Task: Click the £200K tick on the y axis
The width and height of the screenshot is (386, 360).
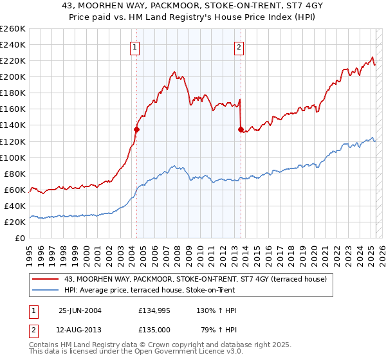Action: point(13,76)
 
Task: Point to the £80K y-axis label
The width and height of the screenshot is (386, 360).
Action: point(15,174)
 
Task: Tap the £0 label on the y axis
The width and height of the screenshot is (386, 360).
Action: point(21,238)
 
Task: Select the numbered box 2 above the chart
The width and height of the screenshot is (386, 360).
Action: point(239,47)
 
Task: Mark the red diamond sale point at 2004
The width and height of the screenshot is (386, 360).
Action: point(136,129)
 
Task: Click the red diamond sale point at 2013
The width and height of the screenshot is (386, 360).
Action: point(240,129)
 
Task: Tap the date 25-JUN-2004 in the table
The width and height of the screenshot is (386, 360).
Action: point(80,310)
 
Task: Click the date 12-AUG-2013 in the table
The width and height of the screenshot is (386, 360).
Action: point(80,331)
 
